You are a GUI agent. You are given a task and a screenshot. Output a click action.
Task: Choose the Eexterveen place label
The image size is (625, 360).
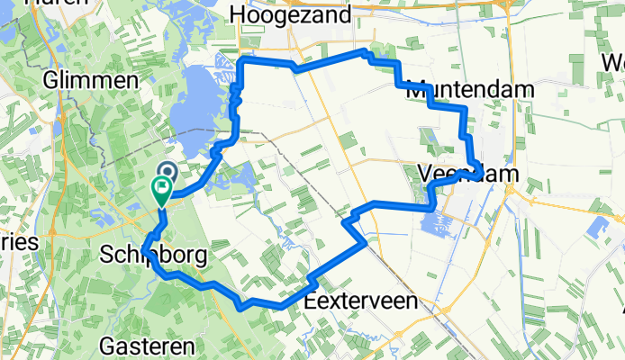(361, 302)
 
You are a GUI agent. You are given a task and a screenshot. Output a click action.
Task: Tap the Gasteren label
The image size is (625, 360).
(144, 346)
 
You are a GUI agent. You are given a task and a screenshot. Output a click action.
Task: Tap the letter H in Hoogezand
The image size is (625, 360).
(238, 14)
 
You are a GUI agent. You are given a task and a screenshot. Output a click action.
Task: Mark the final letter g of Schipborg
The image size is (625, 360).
(201, 256)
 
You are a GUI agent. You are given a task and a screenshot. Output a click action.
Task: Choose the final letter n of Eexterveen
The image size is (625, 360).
(412, 302)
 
